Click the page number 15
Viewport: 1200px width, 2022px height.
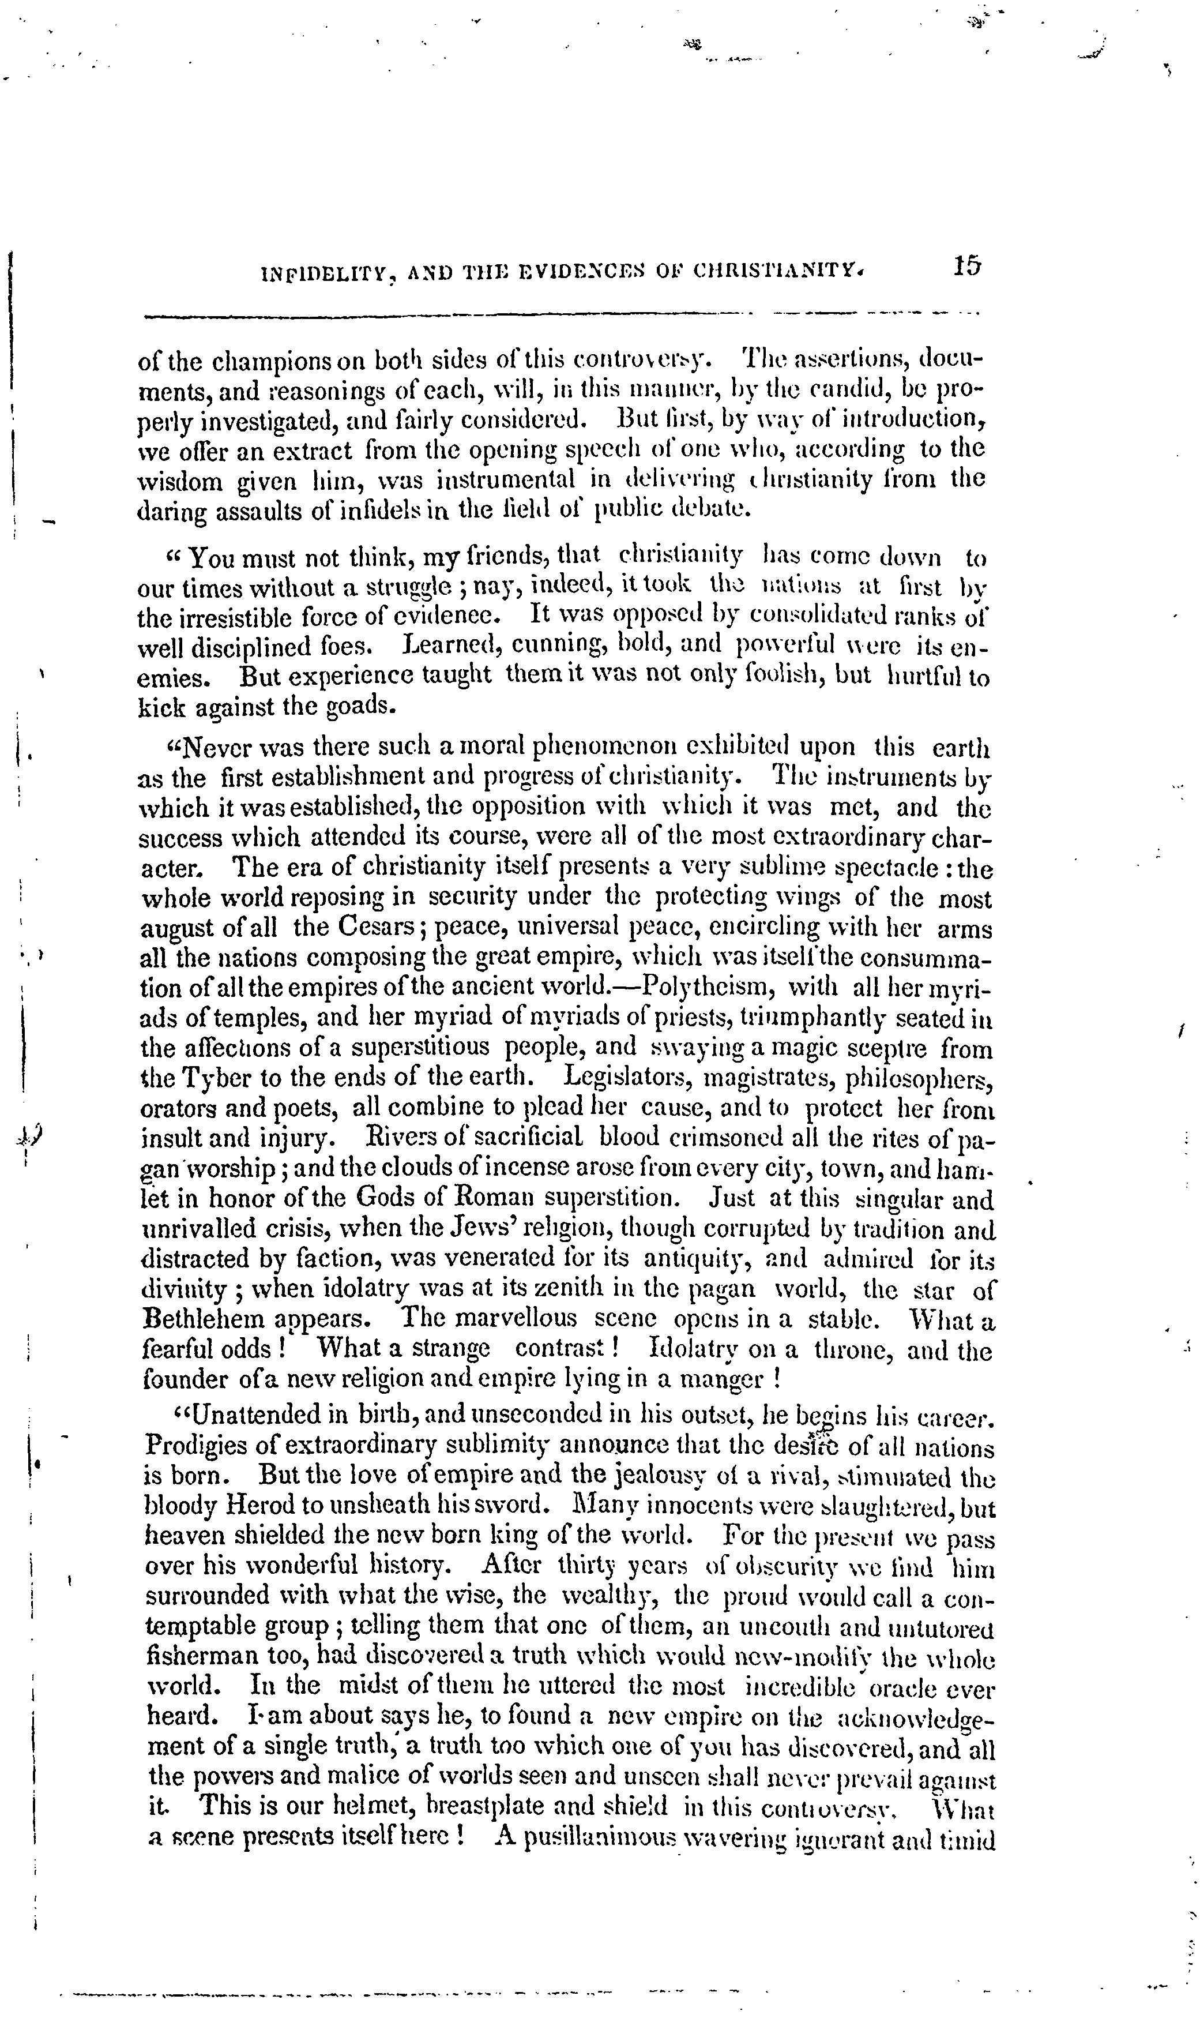click(x=966, y=265)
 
